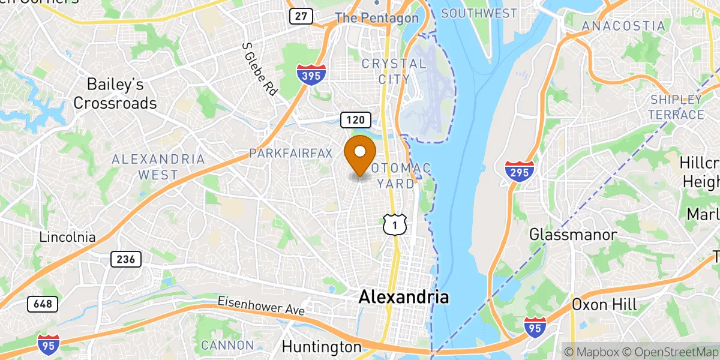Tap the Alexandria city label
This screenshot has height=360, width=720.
(403, 297)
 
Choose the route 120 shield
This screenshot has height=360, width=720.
(355, 120)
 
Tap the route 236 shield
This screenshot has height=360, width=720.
(125, 259)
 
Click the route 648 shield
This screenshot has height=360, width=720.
(43, 304)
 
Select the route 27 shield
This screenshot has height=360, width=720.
(301, 16)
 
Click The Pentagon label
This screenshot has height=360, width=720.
(377, 18)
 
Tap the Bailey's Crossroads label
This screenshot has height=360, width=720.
(115, 94)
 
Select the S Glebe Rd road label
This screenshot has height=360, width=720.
(260, 70)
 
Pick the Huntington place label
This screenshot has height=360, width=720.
(322, 347)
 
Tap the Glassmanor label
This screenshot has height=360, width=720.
(572, 235)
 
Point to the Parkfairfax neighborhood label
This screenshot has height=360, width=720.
(290, 154)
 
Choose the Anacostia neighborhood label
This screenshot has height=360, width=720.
(623, 26)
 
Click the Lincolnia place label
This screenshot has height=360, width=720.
(67, 237)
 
